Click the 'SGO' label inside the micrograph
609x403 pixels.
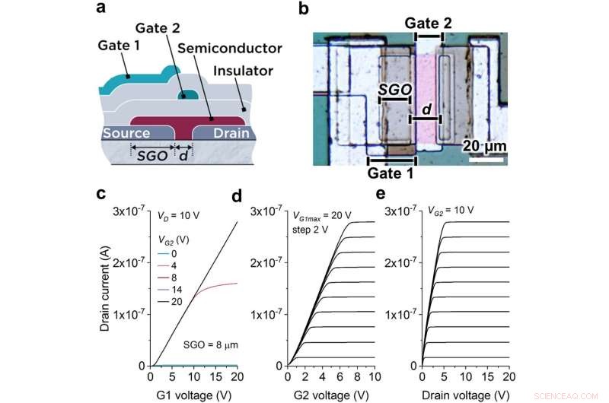pos(395,90)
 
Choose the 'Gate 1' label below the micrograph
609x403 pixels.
pos(391,173)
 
